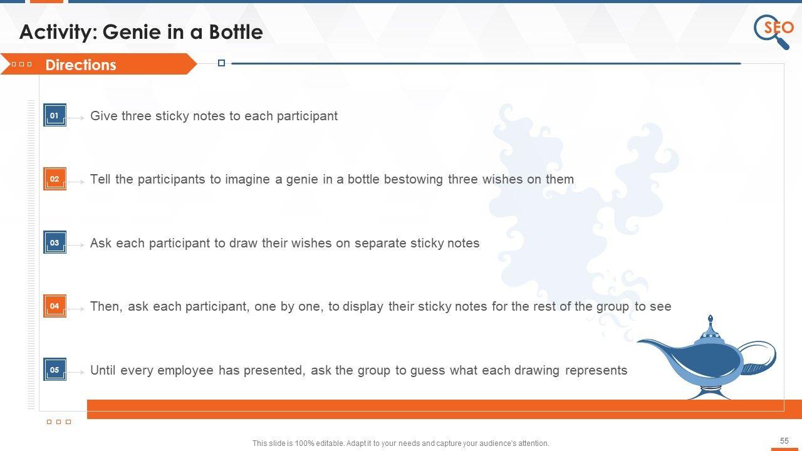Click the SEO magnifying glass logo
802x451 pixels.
click(x=773, y=31)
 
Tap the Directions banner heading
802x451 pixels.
click(x=81, y=65)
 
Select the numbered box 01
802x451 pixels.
click(x=55, y=115)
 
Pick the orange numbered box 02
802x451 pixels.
click(x=55, y=179)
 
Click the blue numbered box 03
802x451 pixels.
click(x=55, y=242)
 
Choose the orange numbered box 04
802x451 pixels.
click(x=55, y=306)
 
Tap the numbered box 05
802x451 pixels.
click(x=55, y=370)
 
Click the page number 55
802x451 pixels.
click(x=784, y=440)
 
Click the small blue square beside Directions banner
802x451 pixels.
click(x=221, y=63)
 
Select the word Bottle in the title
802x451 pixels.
click(x=236, y=32)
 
